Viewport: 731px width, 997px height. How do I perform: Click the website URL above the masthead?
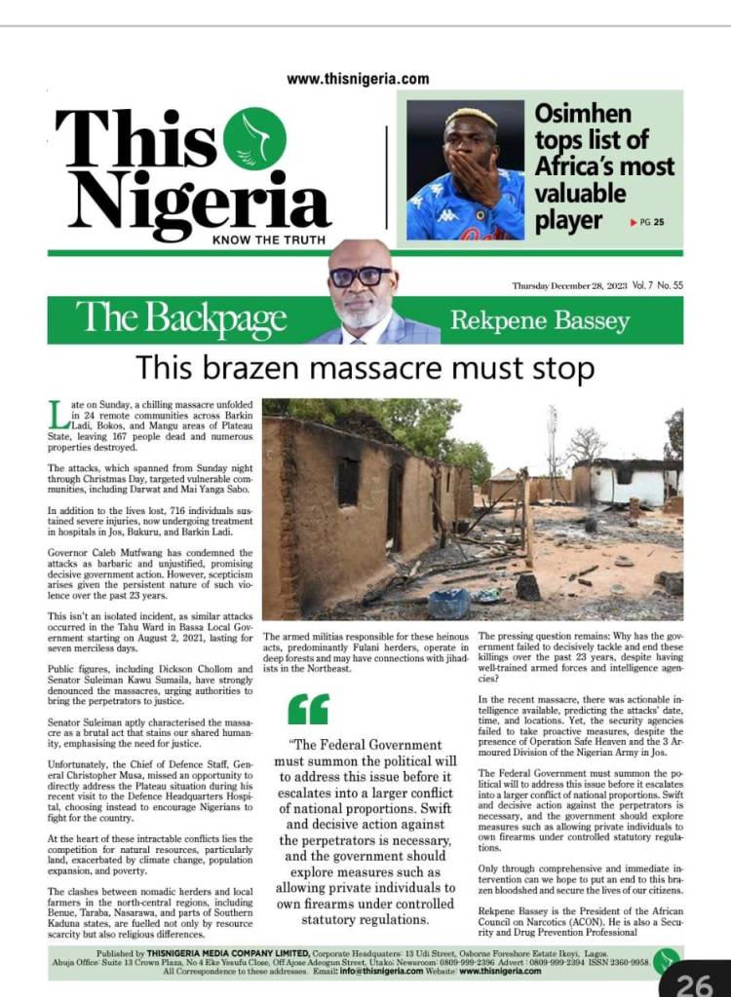pyautogui.click(x=358, y=79)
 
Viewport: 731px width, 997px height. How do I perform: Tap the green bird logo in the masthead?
pyautogui.click(x=254, y=139)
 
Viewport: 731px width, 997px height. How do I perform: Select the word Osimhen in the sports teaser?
pyautogui.click(x=583, y=113)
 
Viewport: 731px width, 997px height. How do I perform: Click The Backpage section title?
pyautogui.click(x=181, y=318)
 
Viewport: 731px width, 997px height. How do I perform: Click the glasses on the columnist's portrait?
pyautogui.click(x=360, y=277)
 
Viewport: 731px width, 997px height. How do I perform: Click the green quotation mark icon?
pyautogui.click(x=309, y=709)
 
